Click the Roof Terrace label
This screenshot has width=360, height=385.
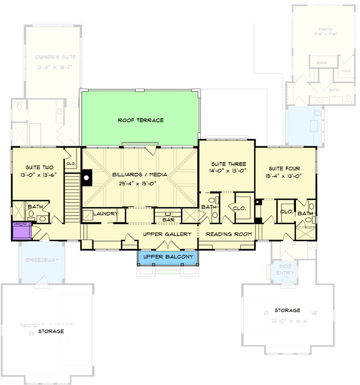tap(141, 120)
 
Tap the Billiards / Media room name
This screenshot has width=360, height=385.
tap(140, 175)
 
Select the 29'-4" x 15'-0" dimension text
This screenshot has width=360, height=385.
tap(140, 183)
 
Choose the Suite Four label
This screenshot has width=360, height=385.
tap(284, 168)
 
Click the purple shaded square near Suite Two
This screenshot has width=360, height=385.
tap(21, 231)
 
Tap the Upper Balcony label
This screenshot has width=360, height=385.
tap(168, 257)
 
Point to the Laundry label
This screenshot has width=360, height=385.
tap(106, 214)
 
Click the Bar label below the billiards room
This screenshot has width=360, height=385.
tap(168, 220)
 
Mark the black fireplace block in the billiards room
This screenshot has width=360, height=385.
tap(87, 178)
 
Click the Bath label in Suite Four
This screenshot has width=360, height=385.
tap(306, 213)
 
